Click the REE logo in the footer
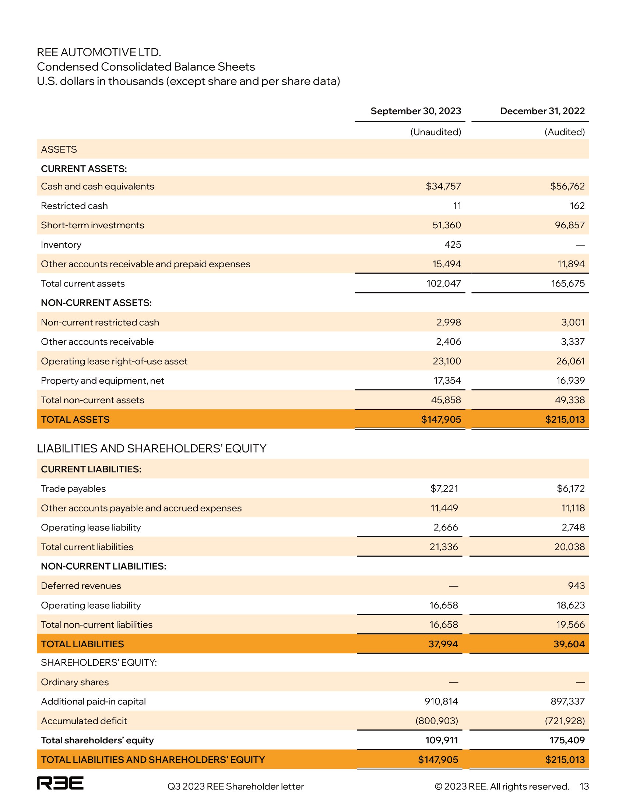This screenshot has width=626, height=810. point(60,782)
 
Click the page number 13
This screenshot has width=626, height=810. point(584,786)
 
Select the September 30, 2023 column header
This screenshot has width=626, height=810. point(416,111)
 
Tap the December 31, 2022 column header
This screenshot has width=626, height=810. point(542,111)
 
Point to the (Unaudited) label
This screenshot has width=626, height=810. point(435,132)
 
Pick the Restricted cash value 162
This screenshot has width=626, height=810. point(577,206)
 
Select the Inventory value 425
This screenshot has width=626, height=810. point(453,245)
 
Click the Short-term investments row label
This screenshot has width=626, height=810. point(92,225)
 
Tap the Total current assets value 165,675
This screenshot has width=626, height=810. point(568,284)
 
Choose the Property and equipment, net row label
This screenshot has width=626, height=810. point(102,381)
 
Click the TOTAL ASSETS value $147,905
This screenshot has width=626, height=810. point(441,419)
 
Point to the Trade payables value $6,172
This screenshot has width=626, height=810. point(571,489)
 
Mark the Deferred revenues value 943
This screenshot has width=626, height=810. point(576,586)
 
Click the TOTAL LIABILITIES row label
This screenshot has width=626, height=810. point(82,644)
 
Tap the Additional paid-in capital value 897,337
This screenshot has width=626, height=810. point(567,701)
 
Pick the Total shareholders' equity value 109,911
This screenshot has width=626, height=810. point(441,740)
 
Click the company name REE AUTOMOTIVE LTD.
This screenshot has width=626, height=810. point(99,52)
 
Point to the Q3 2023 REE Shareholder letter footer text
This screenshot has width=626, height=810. point(236,786)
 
